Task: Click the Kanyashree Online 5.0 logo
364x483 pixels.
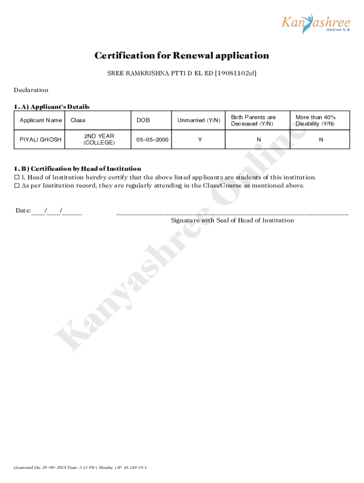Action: (316, 24)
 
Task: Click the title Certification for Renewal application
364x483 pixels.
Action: (182, 56)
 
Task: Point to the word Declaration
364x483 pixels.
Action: (31, 90)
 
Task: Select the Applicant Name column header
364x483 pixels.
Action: (41, 120)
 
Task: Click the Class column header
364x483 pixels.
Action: (78, 120)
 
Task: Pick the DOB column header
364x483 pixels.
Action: (143, 120)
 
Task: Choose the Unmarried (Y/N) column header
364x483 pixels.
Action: (199, 120)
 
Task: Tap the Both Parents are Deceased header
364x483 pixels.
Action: (253, 120)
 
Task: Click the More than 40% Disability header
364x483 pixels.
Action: (315, 120)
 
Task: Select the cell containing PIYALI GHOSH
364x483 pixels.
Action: (40, 140)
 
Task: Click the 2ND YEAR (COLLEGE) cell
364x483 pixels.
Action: (99, 139)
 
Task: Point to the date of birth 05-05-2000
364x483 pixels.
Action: (152, 140)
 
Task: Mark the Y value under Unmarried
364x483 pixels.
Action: (200, 140)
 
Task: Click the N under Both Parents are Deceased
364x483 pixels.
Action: (259, 140)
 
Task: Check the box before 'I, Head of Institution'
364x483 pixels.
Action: (17, 178)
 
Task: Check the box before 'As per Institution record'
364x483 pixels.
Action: (17, 186)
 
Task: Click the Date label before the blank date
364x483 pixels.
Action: (23, 210)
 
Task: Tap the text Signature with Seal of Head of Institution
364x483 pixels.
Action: (232, 220)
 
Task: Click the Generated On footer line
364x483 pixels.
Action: (80, 467)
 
